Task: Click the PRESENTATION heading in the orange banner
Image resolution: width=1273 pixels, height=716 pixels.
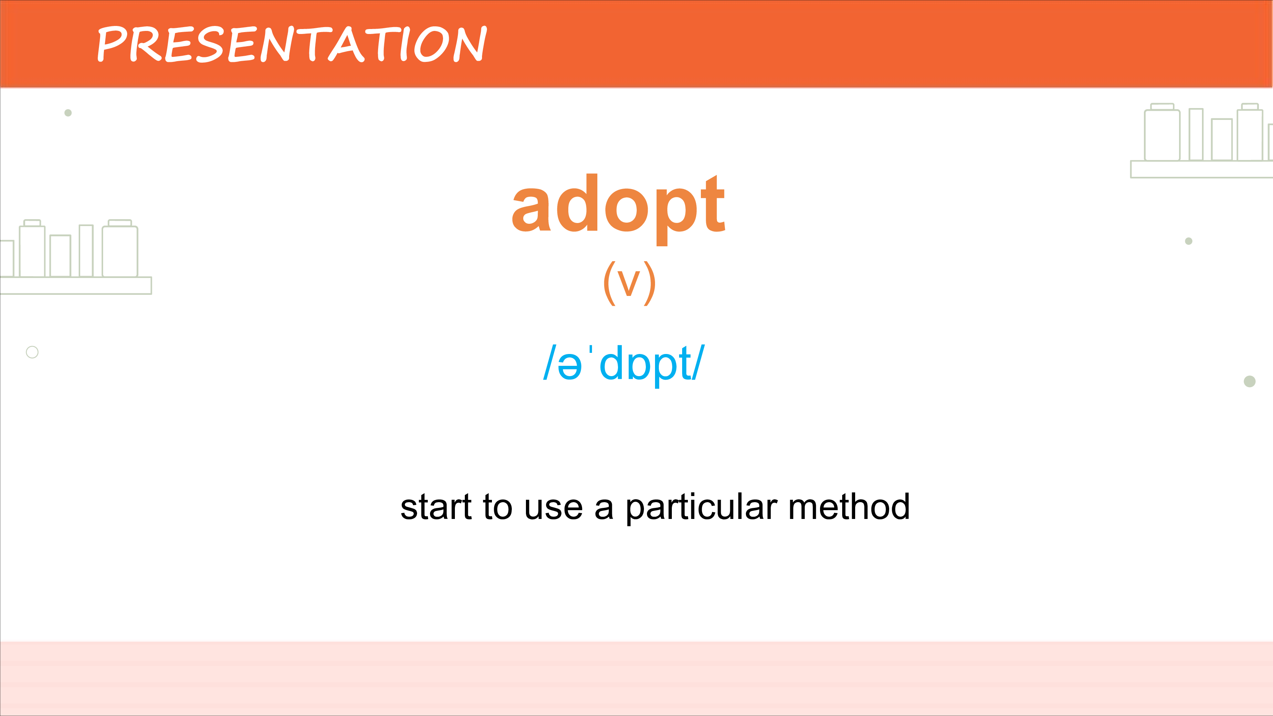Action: pyautogui.click(x=292, y=44)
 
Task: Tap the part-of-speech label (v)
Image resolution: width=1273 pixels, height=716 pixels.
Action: pyautogui.click(x=629, y=283)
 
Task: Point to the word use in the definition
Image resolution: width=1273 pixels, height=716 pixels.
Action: pyautogui.click(x=553, y=508)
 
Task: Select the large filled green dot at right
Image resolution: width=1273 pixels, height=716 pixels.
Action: pyautogui.click(x=1249, y=381)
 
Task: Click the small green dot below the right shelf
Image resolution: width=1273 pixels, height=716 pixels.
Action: pyautogui.click(x=1189, y=241)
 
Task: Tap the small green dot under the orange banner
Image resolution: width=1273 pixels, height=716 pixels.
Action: pyautogui.click(x=68, y=113)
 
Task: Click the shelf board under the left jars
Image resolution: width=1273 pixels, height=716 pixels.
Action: pyautogui.click(x=76, y=286)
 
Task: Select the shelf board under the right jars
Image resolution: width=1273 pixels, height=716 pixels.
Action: pyautogui.click(x=1201, y=169)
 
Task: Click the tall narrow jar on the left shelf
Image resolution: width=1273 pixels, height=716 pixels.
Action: pyautogui.click(x=86, y=251)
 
